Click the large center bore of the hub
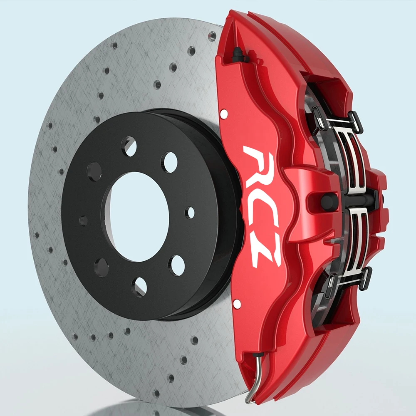point(139,216)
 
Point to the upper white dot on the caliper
point(224,114)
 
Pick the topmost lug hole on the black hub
point(129,146)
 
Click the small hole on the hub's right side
point(190,213)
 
